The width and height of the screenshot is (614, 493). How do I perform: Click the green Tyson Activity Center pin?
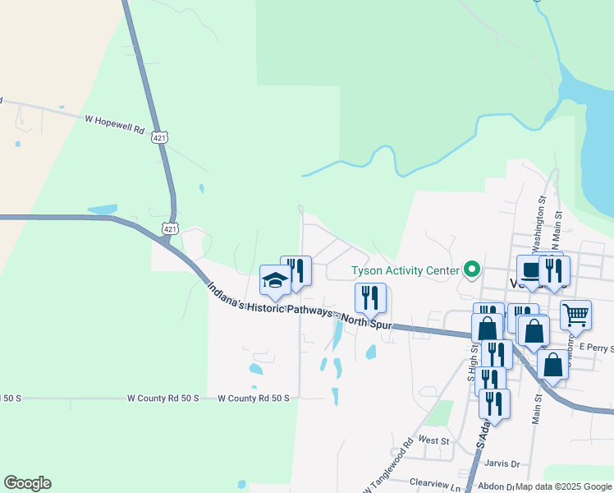click(471, 270)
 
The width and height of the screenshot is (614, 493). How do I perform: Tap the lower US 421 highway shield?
click(168, 228)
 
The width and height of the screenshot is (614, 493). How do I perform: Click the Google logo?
click(27, 483)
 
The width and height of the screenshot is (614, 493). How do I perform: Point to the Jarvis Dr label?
click(504, 464)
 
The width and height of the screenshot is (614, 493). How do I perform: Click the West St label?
click(433, 441)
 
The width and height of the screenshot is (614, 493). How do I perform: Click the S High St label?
click(473, 367)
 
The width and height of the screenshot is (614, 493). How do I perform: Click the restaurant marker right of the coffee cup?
click(555, 271)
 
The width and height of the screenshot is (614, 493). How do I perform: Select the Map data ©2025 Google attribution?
click(563, 486)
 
